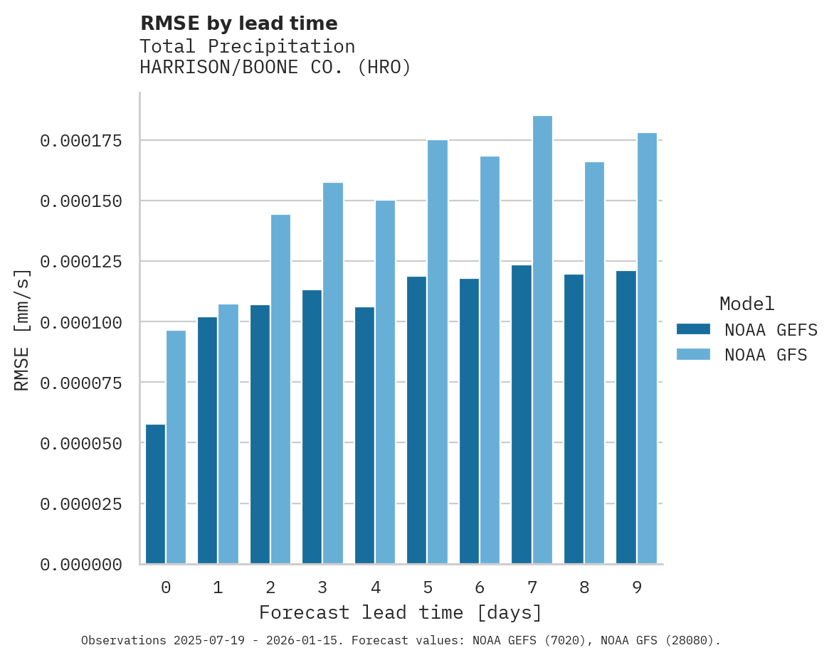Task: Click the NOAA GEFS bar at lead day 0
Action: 155,494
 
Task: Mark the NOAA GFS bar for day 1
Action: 228,434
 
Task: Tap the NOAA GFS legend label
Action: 766,355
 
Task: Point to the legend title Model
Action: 746,304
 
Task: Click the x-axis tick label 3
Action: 322,587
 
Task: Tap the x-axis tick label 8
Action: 584,587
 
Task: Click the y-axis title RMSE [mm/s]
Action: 22,329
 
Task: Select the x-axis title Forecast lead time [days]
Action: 401,612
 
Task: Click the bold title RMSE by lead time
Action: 238,23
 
